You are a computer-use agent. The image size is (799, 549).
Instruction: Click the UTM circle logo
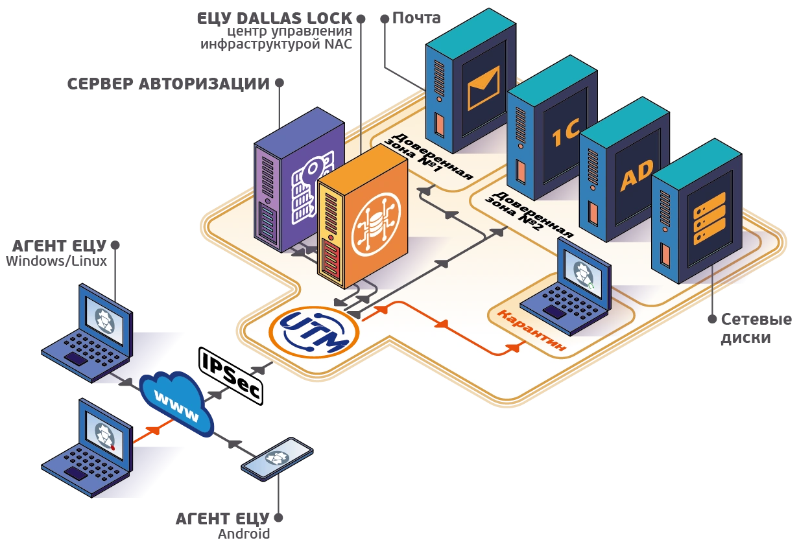314,333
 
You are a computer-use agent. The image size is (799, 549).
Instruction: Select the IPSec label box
231,376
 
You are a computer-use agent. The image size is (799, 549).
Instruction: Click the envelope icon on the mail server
483,88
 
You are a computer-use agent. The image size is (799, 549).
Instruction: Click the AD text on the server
637,175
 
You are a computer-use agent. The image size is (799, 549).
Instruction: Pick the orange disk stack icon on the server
710,218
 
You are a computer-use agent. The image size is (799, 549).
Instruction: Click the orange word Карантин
531,330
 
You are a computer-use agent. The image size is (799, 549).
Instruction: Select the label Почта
416,18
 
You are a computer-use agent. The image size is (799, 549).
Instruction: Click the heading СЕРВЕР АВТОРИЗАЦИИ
169,84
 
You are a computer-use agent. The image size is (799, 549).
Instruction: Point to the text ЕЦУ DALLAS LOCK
275,19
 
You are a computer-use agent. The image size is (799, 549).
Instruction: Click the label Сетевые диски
756,329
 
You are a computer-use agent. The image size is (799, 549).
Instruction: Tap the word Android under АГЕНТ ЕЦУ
244,533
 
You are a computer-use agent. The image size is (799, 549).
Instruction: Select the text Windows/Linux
56,261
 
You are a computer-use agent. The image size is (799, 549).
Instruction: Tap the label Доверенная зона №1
428,157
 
